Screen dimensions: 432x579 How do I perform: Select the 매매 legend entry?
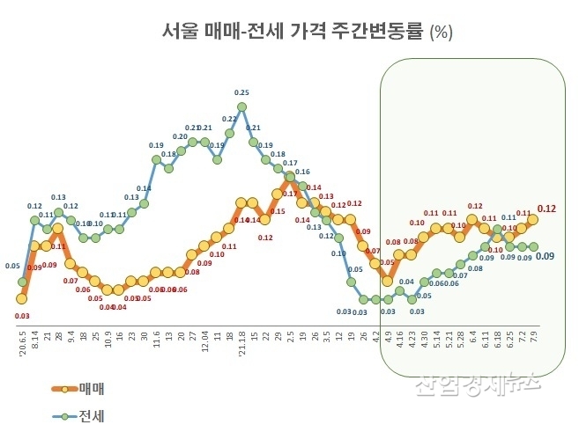point(90,386)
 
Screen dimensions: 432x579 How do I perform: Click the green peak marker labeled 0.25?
point(241,107)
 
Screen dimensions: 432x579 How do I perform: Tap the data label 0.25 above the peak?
point(241,92)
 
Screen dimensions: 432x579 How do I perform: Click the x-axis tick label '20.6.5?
point(22,338)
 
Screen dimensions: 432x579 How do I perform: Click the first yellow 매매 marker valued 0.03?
point(22,298)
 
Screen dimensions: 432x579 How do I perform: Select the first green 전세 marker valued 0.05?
point(22,282)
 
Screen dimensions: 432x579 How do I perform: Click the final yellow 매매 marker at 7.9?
point(532,220)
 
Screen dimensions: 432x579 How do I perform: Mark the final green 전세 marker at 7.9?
point(532,247)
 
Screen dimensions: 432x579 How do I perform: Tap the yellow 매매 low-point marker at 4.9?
point(387,281)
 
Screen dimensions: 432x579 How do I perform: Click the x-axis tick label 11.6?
point(156,333)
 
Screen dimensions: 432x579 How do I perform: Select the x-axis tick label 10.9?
point(108,333)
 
